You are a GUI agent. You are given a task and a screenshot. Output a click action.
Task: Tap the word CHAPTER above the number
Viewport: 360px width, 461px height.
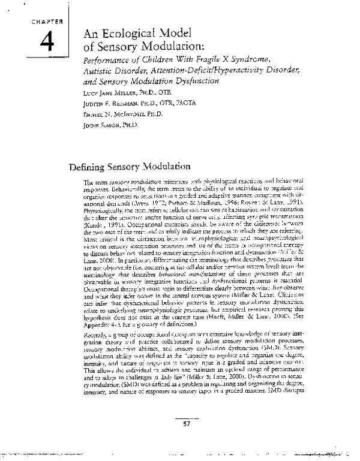[40, 21]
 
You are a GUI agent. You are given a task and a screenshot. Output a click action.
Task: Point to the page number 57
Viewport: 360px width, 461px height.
[186, 426]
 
